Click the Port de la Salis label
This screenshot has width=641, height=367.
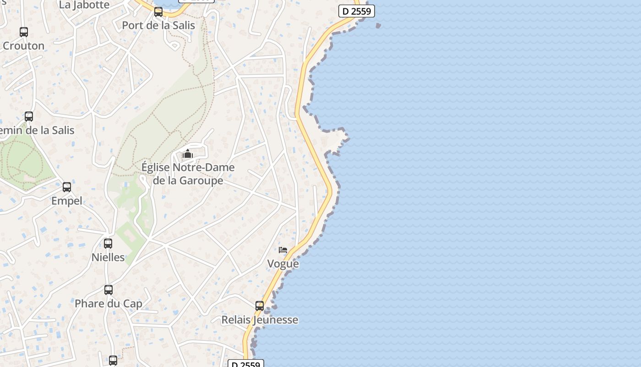(158, 25)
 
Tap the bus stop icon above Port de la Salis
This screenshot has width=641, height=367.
(158, 12)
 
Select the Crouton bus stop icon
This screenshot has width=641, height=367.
(24, 32)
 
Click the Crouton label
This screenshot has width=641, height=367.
(24, 46)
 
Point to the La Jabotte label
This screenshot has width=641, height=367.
(84, 5)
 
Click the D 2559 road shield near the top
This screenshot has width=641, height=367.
(357, 11)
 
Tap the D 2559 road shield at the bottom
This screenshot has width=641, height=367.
(246, 364)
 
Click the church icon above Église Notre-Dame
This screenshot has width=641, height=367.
(188, 154)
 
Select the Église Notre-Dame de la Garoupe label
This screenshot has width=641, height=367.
(188, 174)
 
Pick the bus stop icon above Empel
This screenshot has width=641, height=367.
(67, 187)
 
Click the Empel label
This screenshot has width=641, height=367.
(67, 201)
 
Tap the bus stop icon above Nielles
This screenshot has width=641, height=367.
(108, 244)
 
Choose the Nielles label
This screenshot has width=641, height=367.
(108, 257)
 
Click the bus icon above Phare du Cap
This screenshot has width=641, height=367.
(109, 290)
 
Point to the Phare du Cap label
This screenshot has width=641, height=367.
(109, 304)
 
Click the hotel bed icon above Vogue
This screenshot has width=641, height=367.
(283, 250)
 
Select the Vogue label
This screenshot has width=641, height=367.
(283, 264)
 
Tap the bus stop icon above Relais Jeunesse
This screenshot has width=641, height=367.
(260, 306)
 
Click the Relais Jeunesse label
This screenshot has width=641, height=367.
(260, 320)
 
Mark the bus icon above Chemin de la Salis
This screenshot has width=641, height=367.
(29, 117)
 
